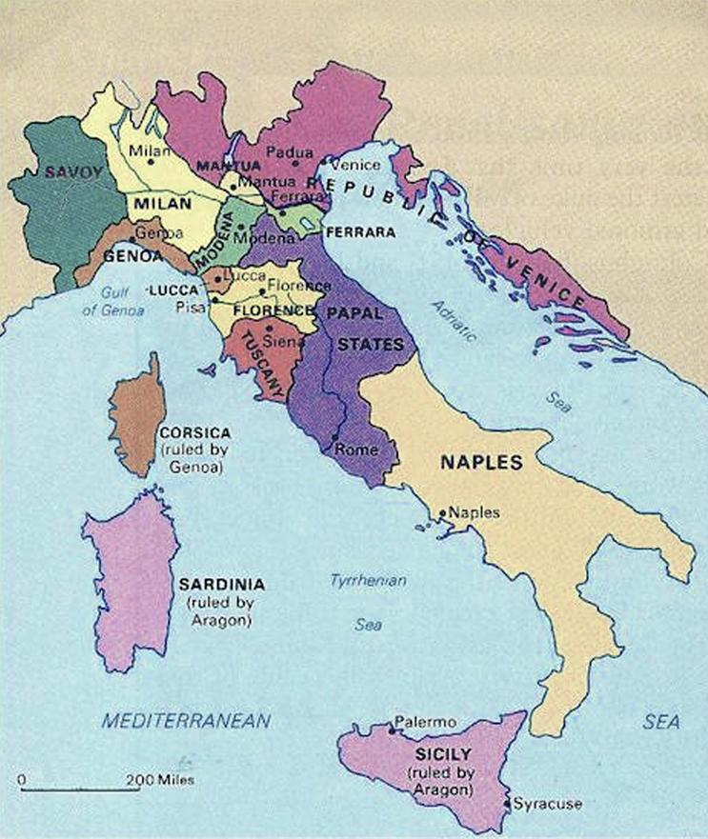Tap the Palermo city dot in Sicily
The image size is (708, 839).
(393, 730)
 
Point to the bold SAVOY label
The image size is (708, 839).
(65, 171)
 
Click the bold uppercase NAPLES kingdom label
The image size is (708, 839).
(481, 464)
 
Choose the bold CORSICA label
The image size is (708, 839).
(192, 432)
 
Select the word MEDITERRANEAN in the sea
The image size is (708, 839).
(188, 721)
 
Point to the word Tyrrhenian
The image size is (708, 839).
(368, 580)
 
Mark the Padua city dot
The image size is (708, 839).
(295, 163)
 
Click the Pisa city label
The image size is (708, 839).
(188, 307)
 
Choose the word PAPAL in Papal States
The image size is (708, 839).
(354, 312)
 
